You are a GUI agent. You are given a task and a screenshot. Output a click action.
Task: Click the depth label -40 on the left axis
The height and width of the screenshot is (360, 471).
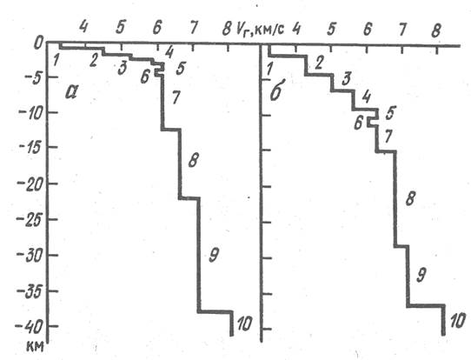pyautogui.click(x=29, y=327)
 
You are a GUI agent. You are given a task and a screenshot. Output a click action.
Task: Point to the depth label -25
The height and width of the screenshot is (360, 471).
pyautogui.click(x=29, y=222)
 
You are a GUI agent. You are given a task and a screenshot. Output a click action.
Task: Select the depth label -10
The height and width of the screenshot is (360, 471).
pyautogui.click(x=30, y=114)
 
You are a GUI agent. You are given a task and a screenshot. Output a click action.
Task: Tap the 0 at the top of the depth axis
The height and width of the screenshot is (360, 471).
pyautogui.click(x=38, y=43)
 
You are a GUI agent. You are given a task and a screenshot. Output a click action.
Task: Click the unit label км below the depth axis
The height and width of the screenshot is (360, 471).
pyautogui.click(x=35, y=346)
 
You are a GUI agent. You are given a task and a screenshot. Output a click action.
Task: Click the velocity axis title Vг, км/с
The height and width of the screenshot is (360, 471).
pyautogui.click(x=260, y=30)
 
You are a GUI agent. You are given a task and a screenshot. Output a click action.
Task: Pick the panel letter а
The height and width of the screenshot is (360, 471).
pyautogui.click(x=71, y=92)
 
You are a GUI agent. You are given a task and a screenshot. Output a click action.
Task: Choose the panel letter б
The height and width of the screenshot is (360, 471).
pyautogui.click(x=275, y=91)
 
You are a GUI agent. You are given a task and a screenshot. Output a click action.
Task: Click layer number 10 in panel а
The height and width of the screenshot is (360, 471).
pyautogui.click(x=244, y=324)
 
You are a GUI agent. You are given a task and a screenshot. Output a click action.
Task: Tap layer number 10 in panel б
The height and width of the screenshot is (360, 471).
pyautogui.click(x=458, y=320)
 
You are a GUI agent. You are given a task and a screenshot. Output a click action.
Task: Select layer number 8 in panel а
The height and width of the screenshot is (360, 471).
pyautogui.click(x=193, y=160)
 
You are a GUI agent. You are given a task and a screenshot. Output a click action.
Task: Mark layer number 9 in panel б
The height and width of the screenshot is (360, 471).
pyautogui.click(x=421, y=276)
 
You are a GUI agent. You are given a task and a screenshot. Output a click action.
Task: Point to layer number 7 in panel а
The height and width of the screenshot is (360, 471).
pyautogui.click(x=176, y=97)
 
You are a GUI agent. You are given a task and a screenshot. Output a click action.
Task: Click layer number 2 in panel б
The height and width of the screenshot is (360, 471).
pyautogui.click(x=319, y=63)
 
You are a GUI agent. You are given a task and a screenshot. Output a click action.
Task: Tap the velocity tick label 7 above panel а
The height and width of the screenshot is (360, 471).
pyautogui.click(x=194, y=28)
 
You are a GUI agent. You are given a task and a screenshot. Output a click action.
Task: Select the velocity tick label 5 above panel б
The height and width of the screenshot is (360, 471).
pyautogui.click(x=331, y=30)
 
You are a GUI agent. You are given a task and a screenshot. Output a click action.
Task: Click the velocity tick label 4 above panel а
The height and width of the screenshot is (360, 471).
pyautogui.click(x=83, y=26)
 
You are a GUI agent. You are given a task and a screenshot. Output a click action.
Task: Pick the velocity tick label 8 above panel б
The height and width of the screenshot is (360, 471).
pyautogui.click(x=436, y=30)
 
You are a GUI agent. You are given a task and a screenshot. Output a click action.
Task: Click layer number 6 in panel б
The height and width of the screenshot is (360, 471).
pyautogui.click(x=358, y=123)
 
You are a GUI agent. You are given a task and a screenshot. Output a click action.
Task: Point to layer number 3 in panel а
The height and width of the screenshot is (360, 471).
pyautogui.click(x=122, y=69)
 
